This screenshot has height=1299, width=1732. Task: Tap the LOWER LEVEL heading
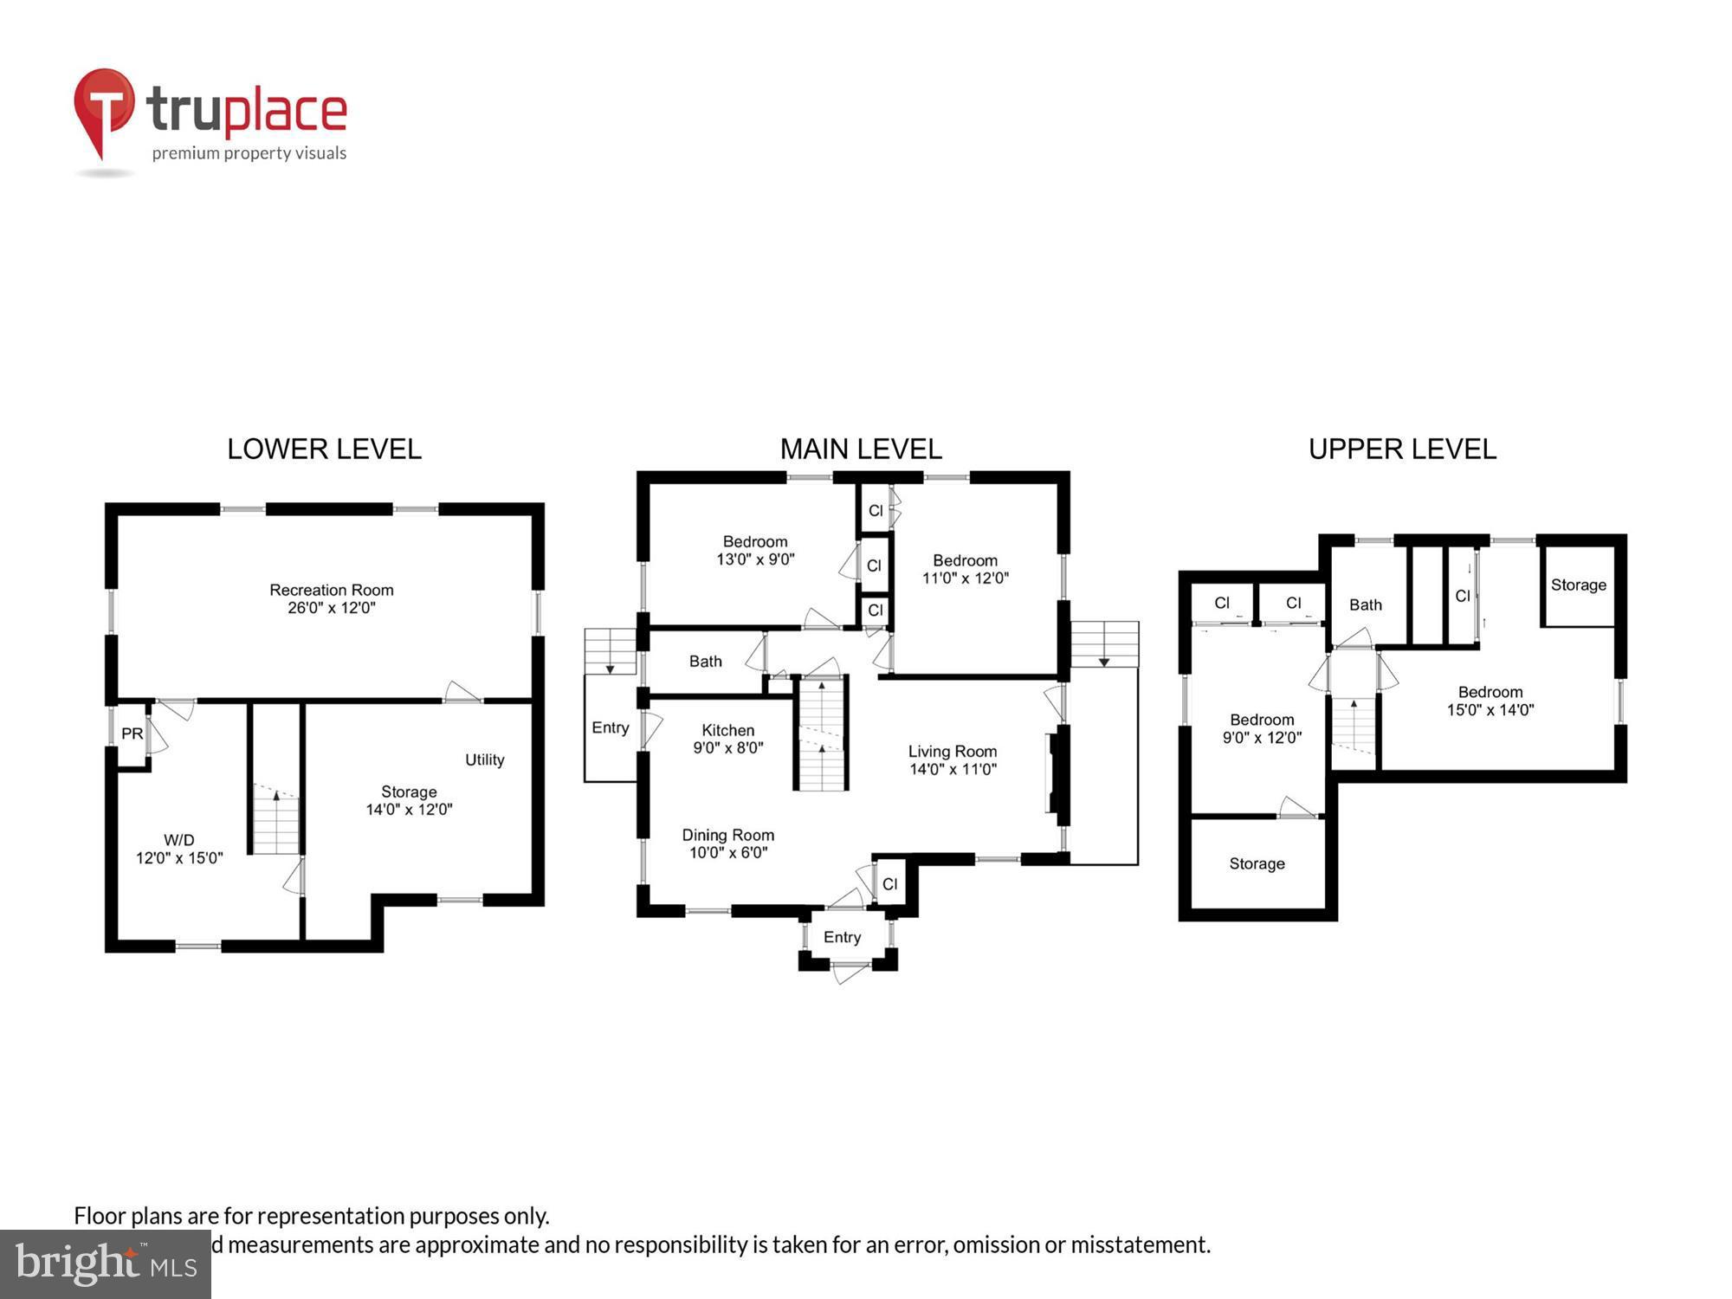[x=324, y=449]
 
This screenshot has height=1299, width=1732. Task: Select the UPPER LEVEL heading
[x=1402, y=449]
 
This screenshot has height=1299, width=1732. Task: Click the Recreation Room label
[x=331, y=598]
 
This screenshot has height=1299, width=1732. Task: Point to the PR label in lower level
[x=132, y=734]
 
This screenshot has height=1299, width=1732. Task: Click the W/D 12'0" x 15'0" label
[x=179, y=849]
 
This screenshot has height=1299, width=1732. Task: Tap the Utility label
[x=484, y=759]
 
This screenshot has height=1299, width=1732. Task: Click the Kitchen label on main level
[x=727, y=739]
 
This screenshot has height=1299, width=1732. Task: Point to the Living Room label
[x=952, y=760]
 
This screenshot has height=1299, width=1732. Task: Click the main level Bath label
[x=705, y=662]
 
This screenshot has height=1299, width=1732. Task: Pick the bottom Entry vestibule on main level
[x=842, y=937]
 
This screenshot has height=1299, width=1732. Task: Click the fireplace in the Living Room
[x=1055, y=773]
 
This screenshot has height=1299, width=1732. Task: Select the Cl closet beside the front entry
[x=890, y=884]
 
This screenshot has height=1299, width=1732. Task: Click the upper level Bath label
[x=1365, y=604]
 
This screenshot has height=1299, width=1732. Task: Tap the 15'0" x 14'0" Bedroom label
[x=1490, y=701]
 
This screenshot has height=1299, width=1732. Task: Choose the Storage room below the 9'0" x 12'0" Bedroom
[x=1257, y=863]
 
